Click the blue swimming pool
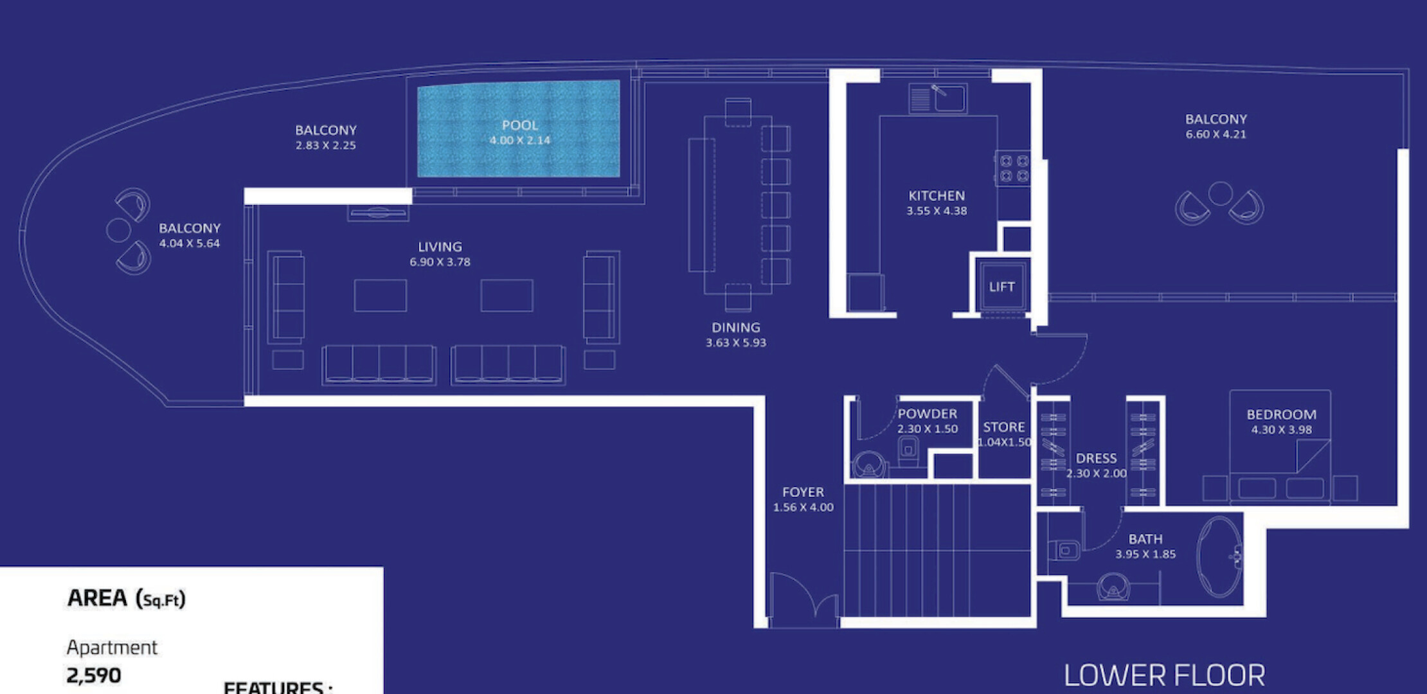pos(519,129)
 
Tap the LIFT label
pos(1001,287)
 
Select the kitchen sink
pos(938,98)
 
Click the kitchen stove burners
pos(1014,168)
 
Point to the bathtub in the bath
pos(1219,556)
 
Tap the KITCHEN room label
pos(937,195)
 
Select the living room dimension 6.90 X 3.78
pos(440,262)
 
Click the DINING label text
pos(736,328)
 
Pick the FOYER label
pos(803,492)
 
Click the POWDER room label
pos(928,414)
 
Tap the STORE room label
pos(1004,427)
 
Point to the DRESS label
pos(1097,458)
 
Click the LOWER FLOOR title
pos(1165,675)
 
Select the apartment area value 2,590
pos(94,675)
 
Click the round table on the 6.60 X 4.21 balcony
pos(1220,193)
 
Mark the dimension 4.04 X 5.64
pos(190,244)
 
